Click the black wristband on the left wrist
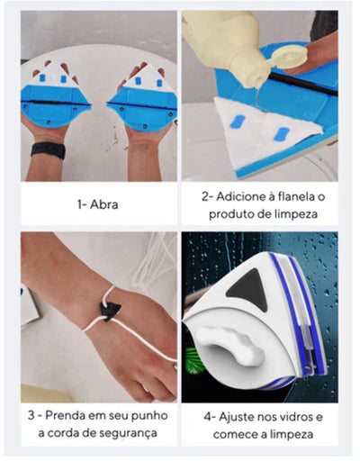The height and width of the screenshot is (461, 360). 46,149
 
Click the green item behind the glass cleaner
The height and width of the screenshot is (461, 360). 286,361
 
